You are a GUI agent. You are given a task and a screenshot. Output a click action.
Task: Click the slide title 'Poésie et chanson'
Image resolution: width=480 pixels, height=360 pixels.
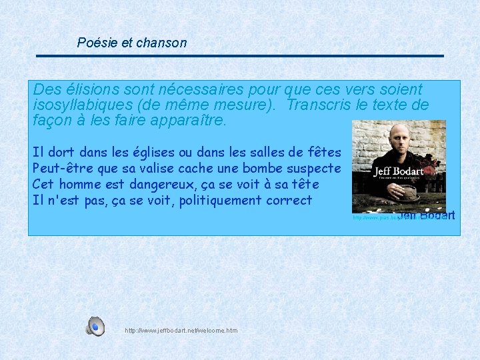(132, 43)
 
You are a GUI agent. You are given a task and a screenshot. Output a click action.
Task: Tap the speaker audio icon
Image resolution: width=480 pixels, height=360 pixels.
(95, 327)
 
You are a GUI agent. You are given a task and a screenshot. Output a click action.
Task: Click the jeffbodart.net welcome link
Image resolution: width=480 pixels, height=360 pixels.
(181, 331)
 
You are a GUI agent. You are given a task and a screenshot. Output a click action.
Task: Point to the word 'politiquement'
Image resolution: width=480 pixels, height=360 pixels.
(221, 201)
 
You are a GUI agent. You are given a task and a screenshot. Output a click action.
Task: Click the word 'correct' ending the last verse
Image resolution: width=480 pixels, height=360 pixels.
(289, 201)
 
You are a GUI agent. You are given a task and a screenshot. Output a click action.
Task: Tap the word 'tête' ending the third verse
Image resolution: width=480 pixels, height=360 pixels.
(305, 185)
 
